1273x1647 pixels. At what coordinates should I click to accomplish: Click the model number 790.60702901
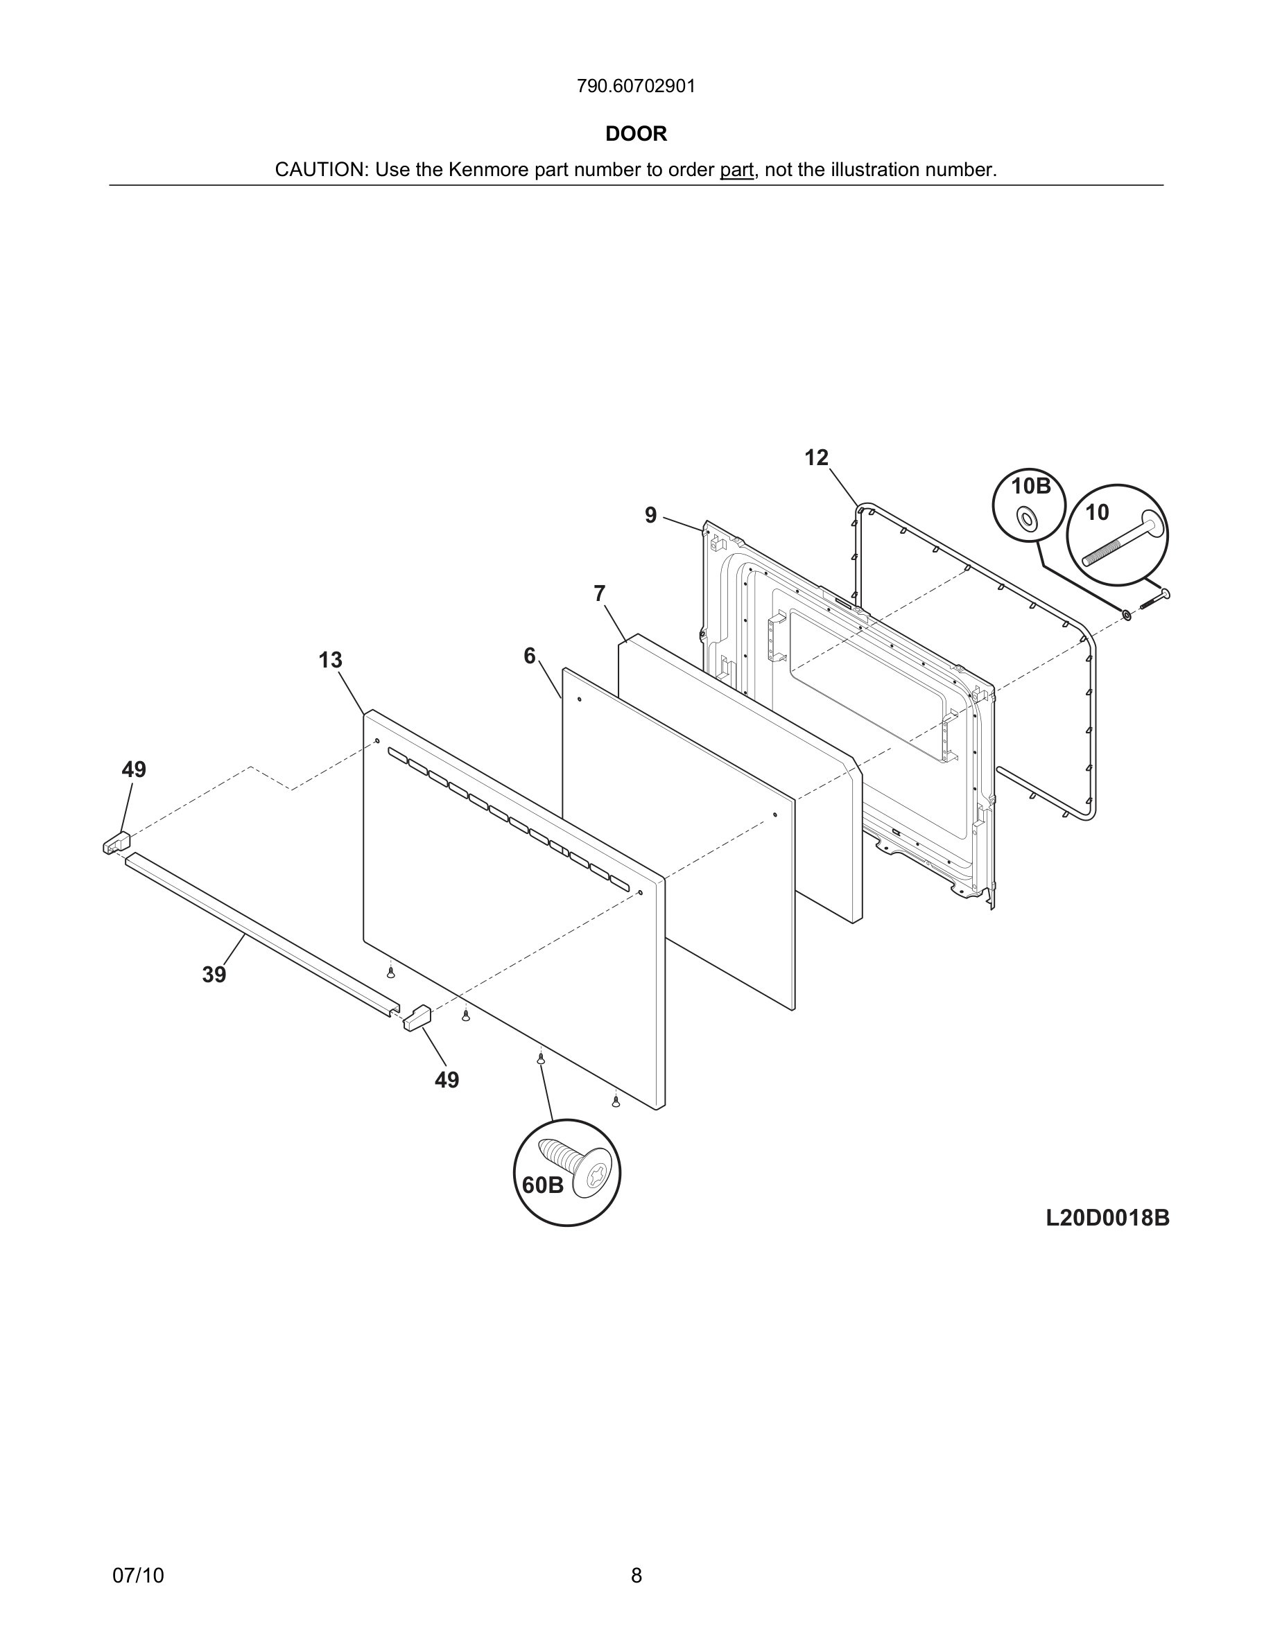click(x=636, y=87)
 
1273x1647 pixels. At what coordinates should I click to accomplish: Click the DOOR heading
click(x=636, y=134)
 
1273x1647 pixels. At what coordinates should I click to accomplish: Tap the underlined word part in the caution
click(x=736, y=171)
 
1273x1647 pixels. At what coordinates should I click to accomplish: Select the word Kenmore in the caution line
click(x=488, y=171)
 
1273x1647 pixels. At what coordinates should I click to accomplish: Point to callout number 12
click(x=816, y=458)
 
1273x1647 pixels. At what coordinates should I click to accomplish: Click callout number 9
click(x=650, y=515)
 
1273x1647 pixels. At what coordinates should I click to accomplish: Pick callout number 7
click(x=599, y=594)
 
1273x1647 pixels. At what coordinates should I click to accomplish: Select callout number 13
click(x=330, y=661)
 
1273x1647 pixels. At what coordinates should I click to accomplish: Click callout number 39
click(x=214, y=975)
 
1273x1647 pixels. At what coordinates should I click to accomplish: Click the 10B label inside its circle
click(x=1030, y=487)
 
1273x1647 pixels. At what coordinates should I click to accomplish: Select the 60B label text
click(x=542, y=1185)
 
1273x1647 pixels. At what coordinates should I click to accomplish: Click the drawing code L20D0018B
click(x=1107, y=1218)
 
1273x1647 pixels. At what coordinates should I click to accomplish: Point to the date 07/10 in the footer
click(x=138, y=1576)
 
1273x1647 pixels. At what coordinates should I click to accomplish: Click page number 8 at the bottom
click(x=636, y=1576)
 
